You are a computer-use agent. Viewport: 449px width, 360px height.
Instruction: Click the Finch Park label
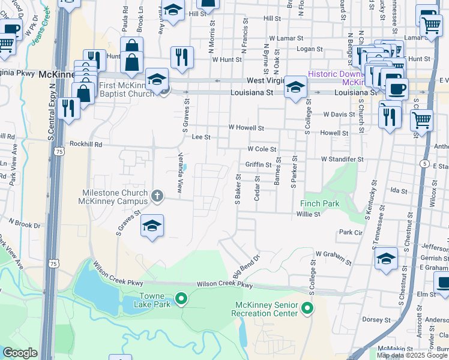(x=319, y=203)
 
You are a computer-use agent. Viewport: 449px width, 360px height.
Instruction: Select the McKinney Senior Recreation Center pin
(x=307, y=309)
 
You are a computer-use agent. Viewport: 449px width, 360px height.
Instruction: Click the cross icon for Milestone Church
(x=157, y=195)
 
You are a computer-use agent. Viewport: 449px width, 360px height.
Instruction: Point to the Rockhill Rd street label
(x=86, y=144)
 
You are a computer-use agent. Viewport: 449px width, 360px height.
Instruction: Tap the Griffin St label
(x=259, y=164)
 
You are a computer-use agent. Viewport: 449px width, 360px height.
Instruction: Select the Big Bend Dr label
(x=247, y=264)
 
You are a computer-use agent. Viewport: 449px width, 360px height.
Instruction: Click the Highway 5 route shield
(x=424, y=164)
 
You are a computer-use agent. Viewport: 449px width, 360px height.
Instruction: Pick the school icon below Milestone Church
(x=152, y=226)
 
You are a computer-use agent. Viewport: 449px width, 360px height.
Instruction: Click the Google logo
(x=20, y=353)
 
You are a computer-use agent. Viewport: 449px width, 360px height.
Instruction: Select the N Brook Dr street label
(x=24, y=224)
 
